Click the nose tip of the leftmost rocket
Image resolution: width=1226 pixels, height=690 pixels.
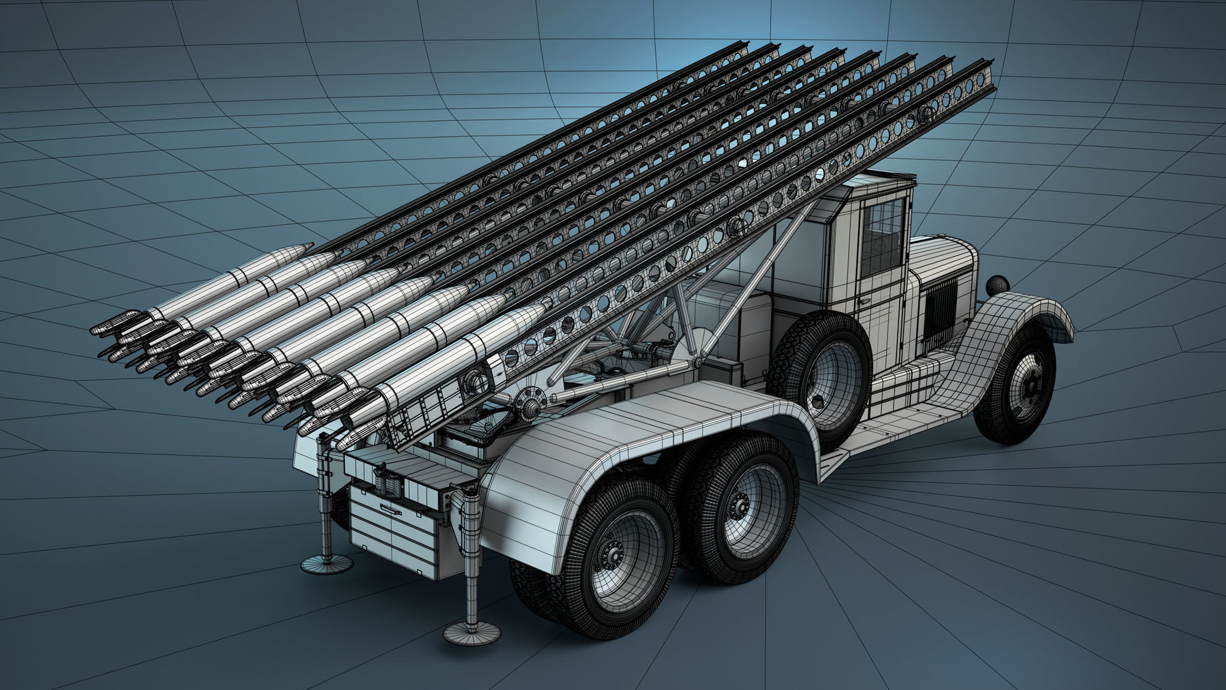point(309,246)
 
